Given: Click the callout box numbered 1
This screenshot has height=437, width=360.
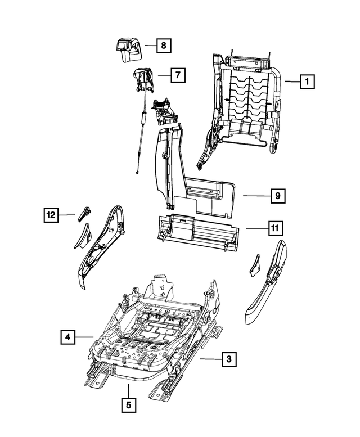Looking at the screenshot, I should [307, 82].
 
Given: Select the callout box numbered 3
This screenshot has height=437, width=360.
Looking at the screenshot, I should [228, 358].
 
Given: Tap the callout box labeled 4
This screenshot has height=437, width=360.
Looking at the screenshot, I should [67, 337].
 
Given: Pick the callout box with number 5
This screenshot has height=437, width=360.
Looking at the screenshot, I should [128, 404].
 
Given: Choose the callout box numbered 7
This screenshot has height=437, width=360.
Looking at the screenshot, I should [178, 74].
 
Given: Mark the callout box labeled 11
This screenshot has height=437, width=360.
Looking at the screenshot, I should [275, 228].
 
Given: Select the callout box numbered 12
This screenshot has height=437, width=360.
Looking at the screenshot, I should [51, 214].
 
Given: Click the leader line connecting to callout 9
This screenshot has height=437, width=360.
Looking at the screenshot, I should [256, 196].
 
